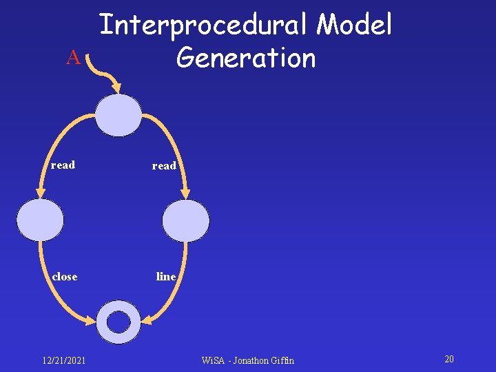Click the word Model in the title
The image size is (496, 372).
click(354, 26)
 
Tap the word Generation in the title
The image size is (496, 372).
click(246, 58)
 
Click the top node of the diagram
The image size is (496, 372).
click(118, 114)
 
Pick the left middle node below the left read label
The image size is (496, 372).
click(40, 220)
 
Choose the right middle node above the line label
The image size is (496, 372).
click(186, 220)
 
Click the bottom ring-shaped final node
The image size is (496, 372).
click(118, 321)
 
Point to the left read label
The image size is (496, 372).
click(63, 165)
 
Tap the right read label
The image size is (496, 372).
click(164, 166)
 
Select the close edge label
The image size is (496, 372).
click(65, 276)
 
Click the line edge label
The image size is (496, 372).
click(166, 276)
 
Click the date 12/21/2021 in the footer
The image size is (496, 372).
click(63, 360)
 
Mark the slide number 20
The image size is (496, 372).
click(449, 360)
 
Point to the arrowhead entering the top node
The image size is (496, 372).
click(116, 89)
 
